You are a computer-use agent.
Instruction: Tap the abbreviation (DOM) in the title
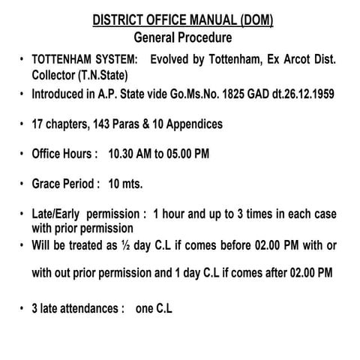click(x=254, y=20)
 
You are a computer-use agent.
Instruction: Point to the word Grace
click(x=47, y=184)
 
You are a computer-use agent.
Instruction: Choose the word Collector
click(x=56, y=75)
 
